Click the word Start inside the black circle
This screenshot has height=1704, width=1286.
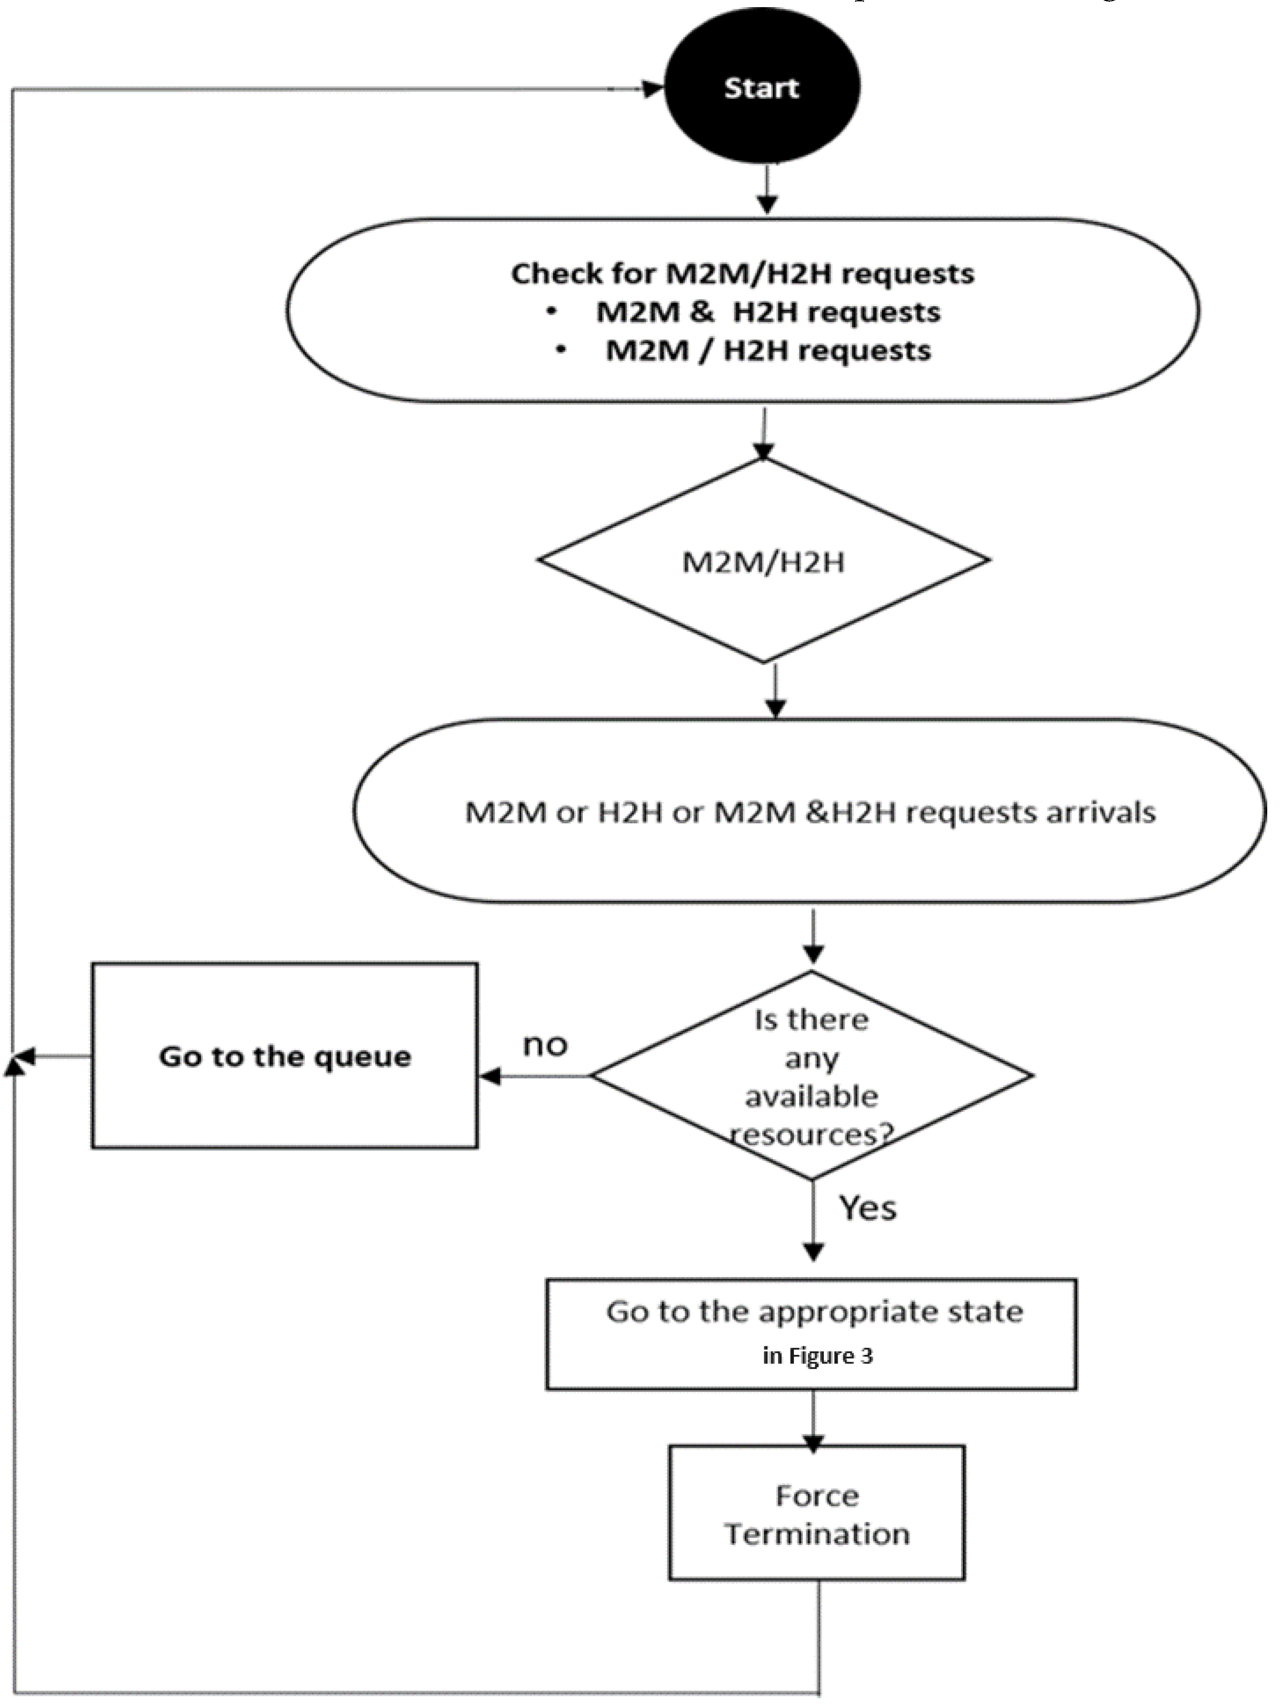[761, 88]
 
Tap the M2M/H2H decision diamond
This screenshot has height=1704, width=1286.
[763, 561]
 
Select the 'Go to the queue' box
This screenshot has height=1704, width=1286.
[284, 1094]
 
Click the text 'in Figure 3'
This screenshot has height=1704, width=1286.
[818, 1356]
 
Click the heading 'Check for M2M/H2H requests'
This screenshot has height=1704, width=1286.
[742, 274]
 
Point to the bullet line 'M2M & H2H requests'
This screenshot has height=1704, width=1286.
[767, 312]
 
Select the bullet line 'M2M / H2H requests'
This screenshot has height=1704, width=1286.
[767, 350]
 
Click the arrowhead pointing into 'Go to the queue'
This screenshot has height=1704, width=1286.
[490, 1076]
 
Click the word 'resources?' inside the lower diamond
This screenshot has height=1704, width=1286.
[811, 1135]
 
